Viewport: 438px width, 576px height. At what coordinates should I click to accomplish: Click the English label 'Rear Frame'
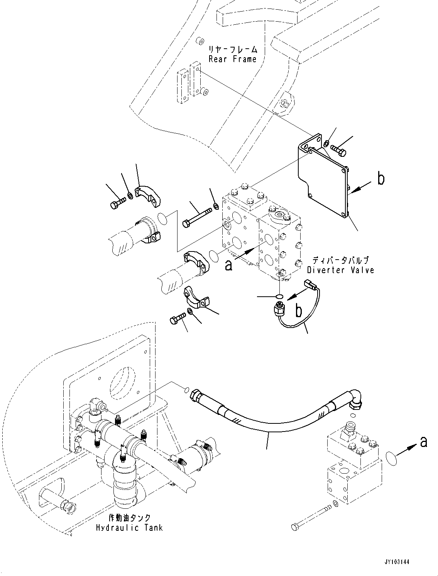(x=232, y=59)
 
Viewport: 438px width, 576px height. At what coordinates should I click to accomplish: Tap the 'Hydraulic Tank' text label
(x=129, y=527)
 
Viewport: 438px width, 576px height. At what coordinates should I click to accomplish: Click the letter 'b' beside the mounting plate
(x=381, y=179)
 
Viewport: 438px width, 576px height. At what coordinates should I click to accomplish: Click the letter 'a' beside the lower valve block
(x=423, y=442)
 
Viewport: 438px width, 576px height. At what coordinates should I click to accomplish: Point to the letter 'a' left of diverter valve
(x=229, y=265)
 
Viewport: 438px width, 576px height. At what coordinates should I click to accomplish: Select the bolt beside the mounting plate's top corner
(x=338, y=150)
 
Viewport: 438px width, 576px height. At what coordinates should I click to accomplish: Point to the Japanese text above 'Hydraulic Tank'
(x=129, y=518)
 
